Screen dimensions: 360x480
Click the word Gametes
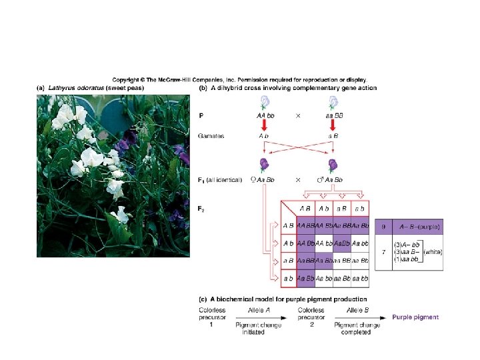[211, 135]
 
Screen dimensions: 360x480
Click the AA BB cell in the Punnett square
[306, 225]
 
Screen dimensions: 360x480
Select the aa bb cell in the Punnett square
[360, 277]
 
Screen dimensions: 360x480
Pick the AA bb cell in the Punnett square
[324, 243]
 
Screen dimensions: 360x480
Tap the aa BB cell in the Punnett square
[342, 260]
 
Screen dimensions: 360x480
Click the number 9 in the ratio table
[383, 227]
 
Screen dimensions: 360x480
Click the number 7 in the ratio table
[383, 252]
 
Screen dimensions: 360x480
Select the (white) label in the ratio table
[433, 252]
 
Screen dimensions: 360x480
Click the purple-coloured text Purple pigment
[415, 317]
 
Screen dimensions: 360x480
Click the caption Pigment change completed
[357, 328]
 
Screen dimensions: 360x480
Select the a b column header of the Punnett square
[360, 209]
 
